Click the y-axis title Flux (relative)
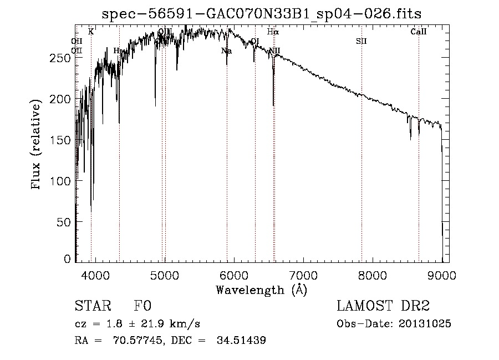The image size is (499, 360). (x=37, y=145)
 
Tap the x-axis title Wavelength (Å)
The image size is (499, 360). (x=261, y=290)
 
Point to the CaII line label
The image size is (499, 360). (x=419, y=32)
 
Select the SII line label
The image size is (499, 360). (x=361, y=41)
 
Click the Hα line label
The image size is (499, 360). (x=273, y=32)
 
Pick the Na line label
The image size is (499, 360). (x=226, y=51)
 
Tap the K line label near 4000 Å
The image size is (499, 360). (x=91, y=32)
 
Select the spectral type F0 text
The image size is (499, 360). (x=143, y=306)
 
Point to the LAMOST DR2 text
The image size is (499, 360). (x=383, y=306)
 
